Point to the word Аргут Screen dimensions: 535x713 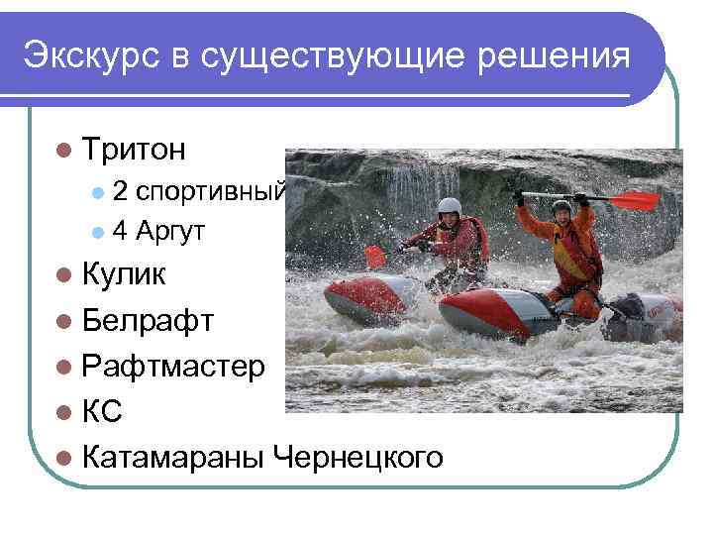coord(170,232)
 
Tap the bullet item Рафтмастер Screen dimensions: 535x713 coord(173,366)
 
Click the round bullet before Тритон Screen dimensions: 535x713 coord(64,150)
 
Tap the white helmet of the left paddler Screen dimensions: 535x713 coord(450,206)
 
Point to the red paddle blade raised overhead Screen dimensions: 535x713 coord(634,201)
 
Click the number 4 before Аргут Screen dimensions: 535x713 coord(119,232)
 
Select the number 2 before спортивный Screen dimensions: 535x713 coord(119,190)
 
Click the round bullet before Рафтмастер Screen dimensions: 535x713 coord(64,367)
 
